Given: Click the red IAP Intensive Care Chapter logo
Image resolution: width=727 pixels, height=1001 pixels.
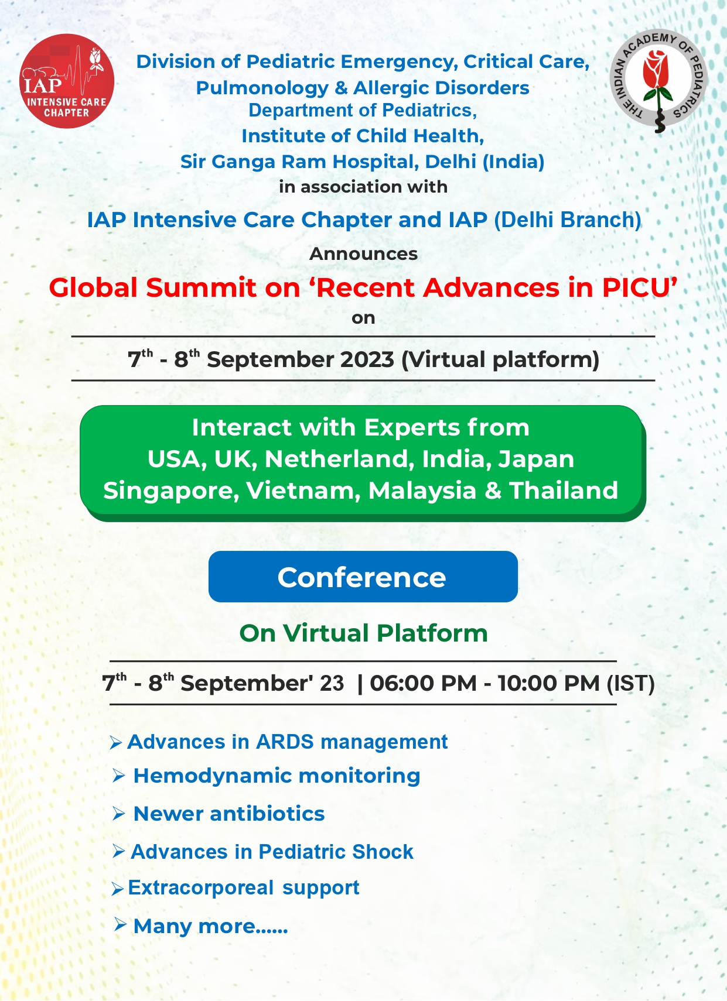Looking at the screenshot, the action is point(67,81).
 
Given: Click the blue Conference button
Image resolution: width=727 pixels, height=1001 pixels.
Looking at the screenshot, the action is point(363,577).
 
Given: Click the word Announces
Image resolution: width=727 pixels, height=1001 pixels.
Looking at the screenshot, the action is point(363,254).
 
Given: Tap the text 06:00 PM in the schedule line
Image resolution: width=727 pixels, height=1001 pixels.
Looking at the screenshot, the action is point(423,683).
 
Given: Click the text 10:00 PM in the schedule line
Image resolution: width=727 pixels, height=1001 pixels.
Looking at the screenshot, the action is point(548,683).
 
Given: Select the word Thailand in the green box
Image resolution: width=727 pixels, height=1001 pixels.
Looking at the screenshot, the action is point(564,491).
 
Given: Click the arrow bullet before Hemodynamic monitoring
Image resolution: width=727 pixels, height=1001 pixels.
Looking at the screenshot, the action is point(118,776).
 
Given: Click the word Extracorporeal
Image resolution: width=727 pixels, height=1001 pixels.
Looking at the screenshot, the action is point(201,888).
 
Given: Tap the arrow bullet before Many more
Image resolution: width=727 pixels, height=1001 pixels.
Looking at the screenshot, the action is point(120,924).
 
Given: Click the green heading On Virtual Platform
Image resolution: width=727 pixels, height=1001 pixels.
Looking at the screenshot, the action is point(363,633).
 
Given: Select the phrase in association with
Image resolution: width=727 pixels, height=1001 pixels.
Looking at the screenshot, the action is point(363,187).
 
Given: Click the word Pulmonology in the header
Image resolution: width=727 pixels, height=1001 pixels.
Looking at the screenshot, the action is point(262,88).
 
